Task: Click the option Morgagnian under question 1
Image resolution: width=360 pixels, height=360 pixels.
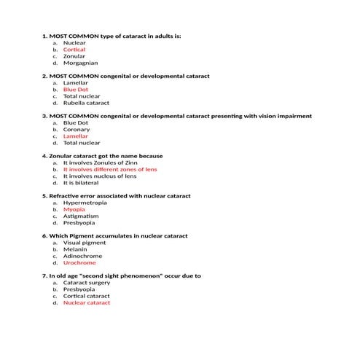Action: (80, 63)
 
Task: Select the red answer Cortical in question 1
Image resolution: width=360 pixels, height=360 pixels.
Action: (74, 50)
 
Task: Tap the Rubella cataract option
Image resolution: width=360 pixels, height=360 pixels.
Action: (86, 103)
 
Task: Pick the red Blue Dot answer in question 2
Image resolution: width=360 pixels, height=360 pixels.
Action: (76, 90)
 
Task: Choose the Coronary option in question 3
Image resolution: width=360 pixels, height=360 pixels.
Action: (77, 130)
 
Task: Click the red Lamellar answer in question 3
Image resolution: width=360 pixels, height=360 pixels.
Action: (76, 136)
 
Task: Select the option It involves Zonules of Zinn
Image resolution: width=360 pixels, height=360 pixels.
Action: (101, 163)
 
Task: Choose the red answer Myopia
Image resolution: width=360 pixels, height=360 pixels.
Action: (74, 210)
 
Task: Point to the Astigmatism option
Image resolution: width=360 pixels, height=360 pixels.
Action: (81, 216)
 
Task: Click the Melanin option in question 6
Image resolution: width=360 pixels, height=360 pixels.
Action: (76, 249)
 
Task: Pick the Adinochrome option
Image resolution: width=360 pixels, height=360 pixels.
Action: (82, 256)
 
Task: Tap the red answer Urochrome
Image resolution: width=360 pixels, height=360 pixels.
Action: (79, 262)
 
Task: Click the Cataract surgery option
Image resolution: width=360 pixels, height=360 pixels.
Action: (87, 283)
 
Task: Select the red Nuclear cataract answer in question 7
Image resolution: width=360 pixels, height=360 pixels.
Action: (87, 302)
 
